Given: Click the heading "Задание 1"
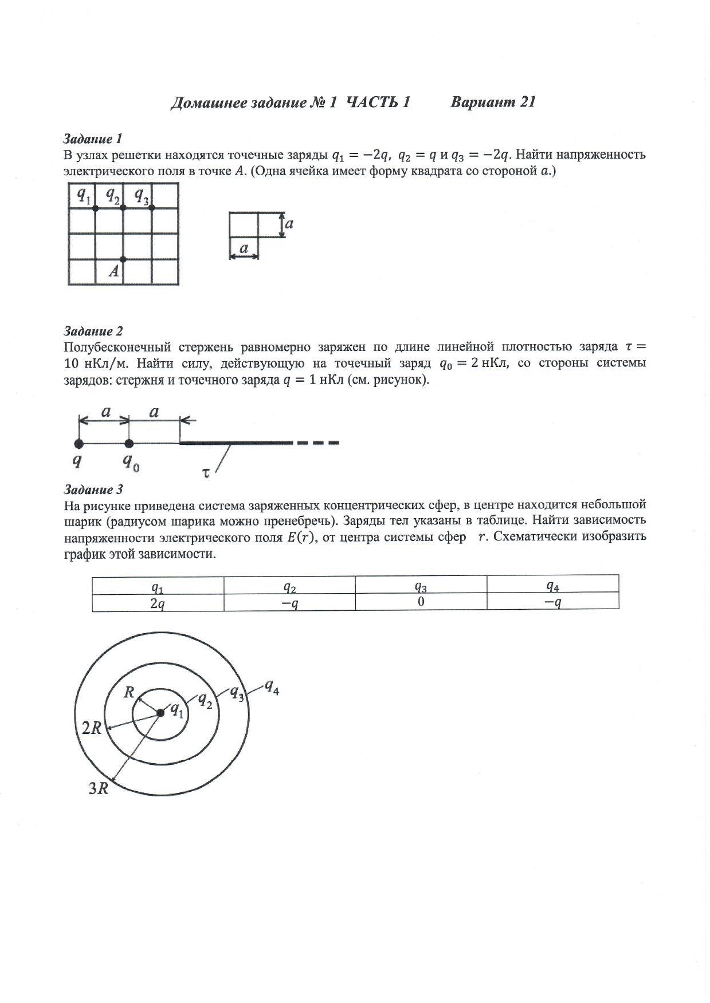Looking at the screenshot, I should (92, 139).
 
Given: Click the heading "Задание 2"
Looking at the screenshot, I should (93, 331).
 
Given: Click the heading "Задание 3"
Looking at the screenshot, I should (93, 489).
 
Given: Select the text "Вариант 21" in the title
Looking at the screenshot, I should (493, 102).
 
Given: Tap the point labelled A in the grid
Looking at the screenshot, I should (123, 259).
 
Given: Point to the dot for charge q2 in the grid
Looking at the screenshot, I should (123, 208).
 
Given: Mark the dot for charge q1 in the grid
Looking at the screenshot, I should (95, 208).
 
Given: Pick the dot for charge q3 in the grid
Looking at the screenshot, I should (152, 208).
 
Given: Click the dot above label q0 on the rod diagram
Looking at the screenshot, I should (130, 443).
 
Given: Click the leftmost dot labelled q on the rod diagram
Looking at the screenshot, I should (79, 443).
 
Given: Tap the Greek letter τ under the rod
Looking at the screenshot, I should (205, 472).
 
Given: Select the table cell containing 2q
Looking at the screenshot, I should (158, 603).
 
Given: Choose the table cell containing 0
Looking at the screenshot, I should (421, 602).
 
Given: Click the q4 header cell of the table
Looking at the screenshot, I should (552, 586).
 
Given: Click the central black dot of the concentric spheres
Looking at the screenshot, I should (160, 713).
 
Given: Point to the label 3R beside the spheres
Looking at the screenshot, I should (99, 789).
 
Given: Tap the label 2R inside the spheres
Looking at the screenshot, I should (92, 729).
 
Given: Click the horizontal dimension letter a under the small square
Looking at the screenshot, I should (244, 248).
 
